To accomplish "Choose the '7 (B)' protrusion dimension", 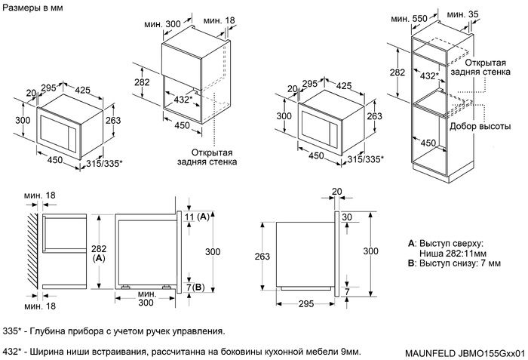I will [x=195, y=287].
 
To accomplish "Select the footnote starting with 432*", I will [x=181, y=352].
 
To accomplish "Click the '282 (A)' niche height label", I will [x=99, y=253].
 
